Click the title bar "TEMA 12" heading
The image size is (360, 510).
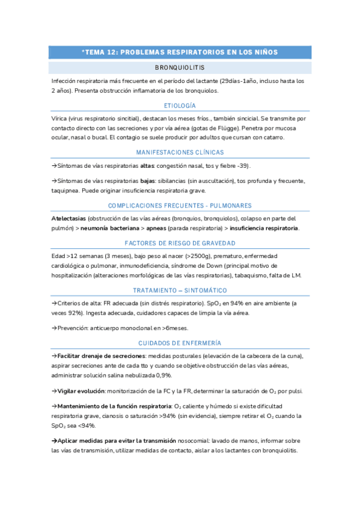tap(180, 52)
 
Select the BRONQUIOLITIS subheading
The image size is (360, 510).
tap(180, 68)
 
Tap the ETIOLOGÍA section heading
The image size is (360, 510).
tap(180, 106)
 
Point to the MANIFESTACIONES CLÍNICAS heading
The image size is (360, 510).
tap(180, 153)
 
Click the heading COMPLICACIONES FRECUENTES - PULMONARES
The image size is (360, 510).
tap(180, 205)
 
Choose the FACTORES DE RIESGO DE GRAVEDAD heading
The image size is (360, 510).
tap(180, 243)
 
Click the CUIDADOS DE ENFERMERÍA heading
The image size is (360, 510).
tap(180, 343)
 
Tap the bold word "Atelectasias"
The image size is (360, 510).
tap(69, 218)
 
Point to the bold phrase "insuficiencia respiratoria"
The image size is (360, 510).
tap(263, 229)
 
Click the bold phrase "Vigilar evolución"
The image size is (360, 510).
tap(76, 391)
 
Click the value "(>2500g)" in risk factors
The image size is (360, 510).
tap(177, 256)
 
